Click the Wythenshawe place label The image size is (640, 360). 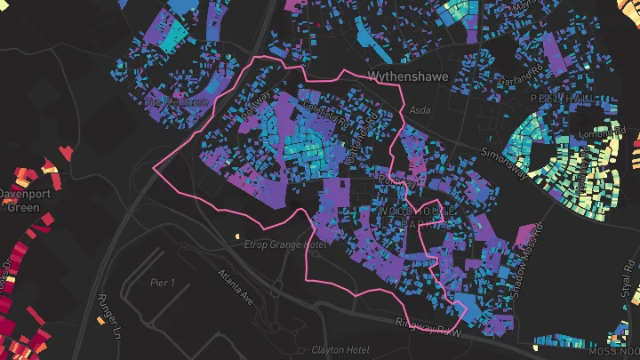409,76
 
